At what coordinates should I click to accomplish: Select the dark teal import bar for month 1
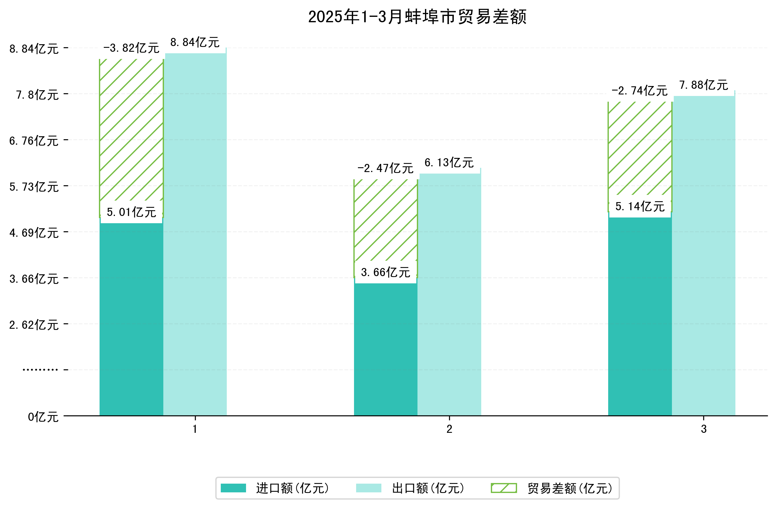[x=131, y=319]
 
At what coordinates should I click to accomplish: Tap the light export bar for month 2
[x=449, y=294]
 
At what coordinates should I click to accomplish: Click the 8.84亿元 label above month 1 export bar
[x=195, y=42]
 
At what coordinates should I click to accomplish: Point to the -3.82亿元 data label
[x=131, y=48]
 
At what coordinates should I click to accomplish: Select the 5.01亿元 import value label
[x=131, y=212]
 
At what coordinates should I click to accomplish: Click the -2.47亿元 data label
[x=385, y=168]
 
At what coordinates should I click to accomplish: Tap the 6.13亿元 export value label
[x=449, y=163]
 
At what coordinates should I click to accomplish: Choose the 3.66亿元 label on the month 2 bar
[x=385, y=272]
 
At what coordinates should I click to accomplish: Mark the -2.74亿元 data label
[x=639, y=91]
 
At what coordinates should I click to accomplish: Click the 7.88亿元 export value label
[x=704, y=85]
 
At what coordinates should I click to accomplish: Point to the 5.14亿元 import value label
[x=640, y=206]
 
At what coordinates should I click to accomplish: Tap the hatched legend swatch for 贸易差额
[x=504, y=488]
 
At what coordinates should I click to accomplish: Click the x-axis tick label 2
[x=449, y=429]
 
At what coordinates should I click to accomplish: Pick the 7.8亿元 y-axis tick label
[x=38, y=95]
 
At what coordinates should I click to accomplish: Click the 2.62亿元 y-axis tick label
[x=34, y=325]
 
